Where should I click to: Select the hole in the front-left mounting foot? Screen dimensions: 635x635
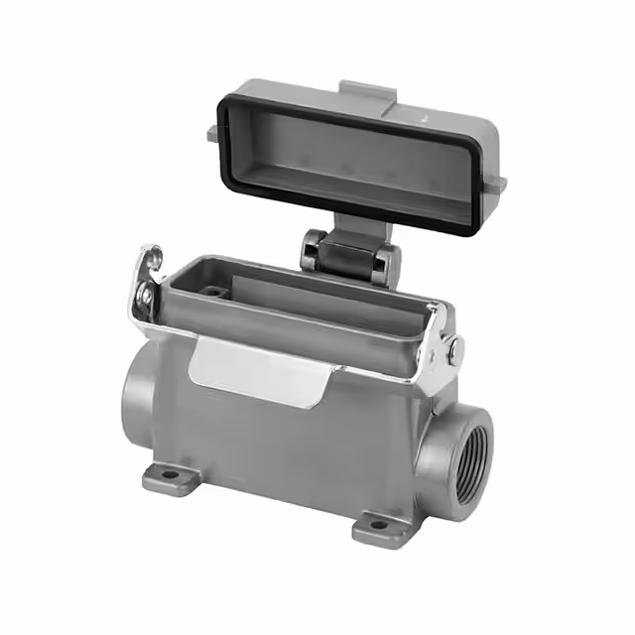pyautogui.click(x=171, y=475)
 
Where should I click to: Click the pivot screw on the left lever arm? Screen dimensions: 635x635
pyautogui.click(x=147, y=295)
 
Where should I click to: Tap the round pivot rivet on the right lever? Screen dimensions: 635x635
pyautogui.click(x=453, y=349)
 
